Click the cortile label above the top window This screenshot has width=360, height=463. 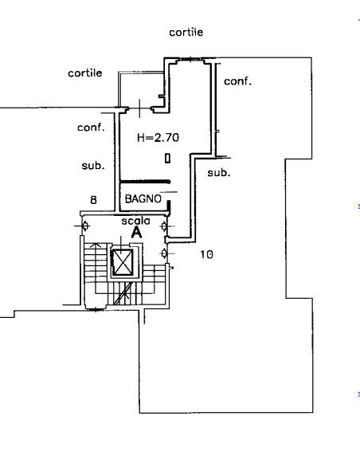pyautogui.click(x=186, y=32)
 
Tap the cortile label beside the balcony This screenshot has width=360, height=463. pyautogui.click(x=85, y=73)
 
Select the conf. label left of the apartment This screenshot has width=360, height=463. pyautogui.click(x=91, y=128)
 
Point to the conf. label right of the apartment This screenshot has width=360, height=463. pyautogui.click(x=237, y=81)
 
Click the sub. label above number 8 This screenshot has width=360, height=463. pyautogui.click(x=93, y=166)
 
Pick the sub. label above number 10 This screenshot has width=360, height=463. pyautogui.click(x=219, y=172)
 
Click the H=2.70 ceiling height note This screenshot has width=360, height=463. pyautogui.click(x=158, y=137)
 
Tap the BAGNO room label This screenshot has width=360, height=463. pyautogui.click(x=143, y=198)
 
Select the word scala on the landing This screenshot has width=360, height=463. pyautogui.click(x=135, y=221)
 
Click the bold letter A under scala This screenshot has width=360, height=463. pyautogui.click(x=136, y=233)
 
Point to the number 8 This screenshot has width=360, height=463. pyautogui.click(x=93, y=200)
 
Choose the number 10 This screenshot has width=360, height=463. pyautogui.click(x=206, y=254)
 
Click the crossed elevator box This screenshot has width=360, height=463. pyautogui.click(x=123, y=262)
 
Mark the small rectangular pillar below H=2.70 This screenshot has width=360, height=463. pyautogui.click(x=167, y=159)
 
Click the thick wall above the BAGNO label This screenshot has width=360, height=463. pyautogui.click(x=145, y=182)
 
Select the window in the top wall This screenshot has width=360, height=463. pyautogui.click(x=190, y=60)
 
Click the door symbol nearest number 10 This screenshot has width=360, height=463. pyautogui.click(x=164, y=253)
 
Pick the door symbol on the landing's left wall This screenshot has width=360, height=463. pyautogui.click(x=85, y=226)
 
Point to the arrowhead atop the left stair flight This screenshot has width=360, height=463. pyautogui.click(x=95, y=245)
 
